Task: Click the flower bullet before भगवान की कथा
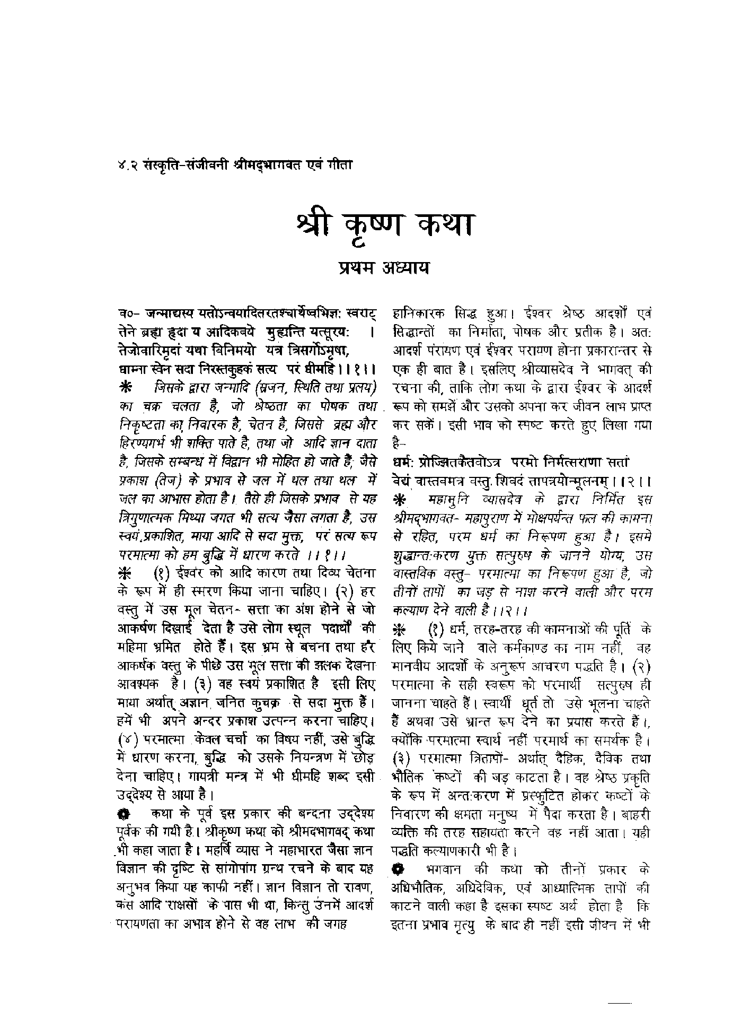coord(399,869)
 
